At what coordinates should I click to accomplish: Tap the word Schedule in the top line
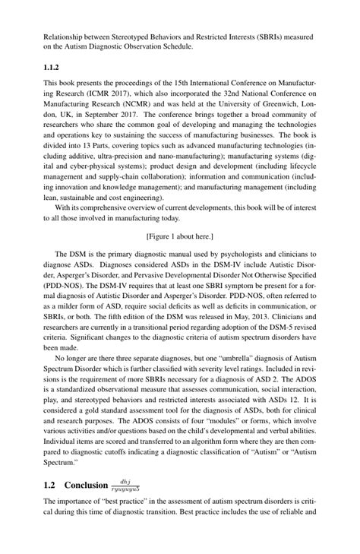(x=175, y=46)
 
